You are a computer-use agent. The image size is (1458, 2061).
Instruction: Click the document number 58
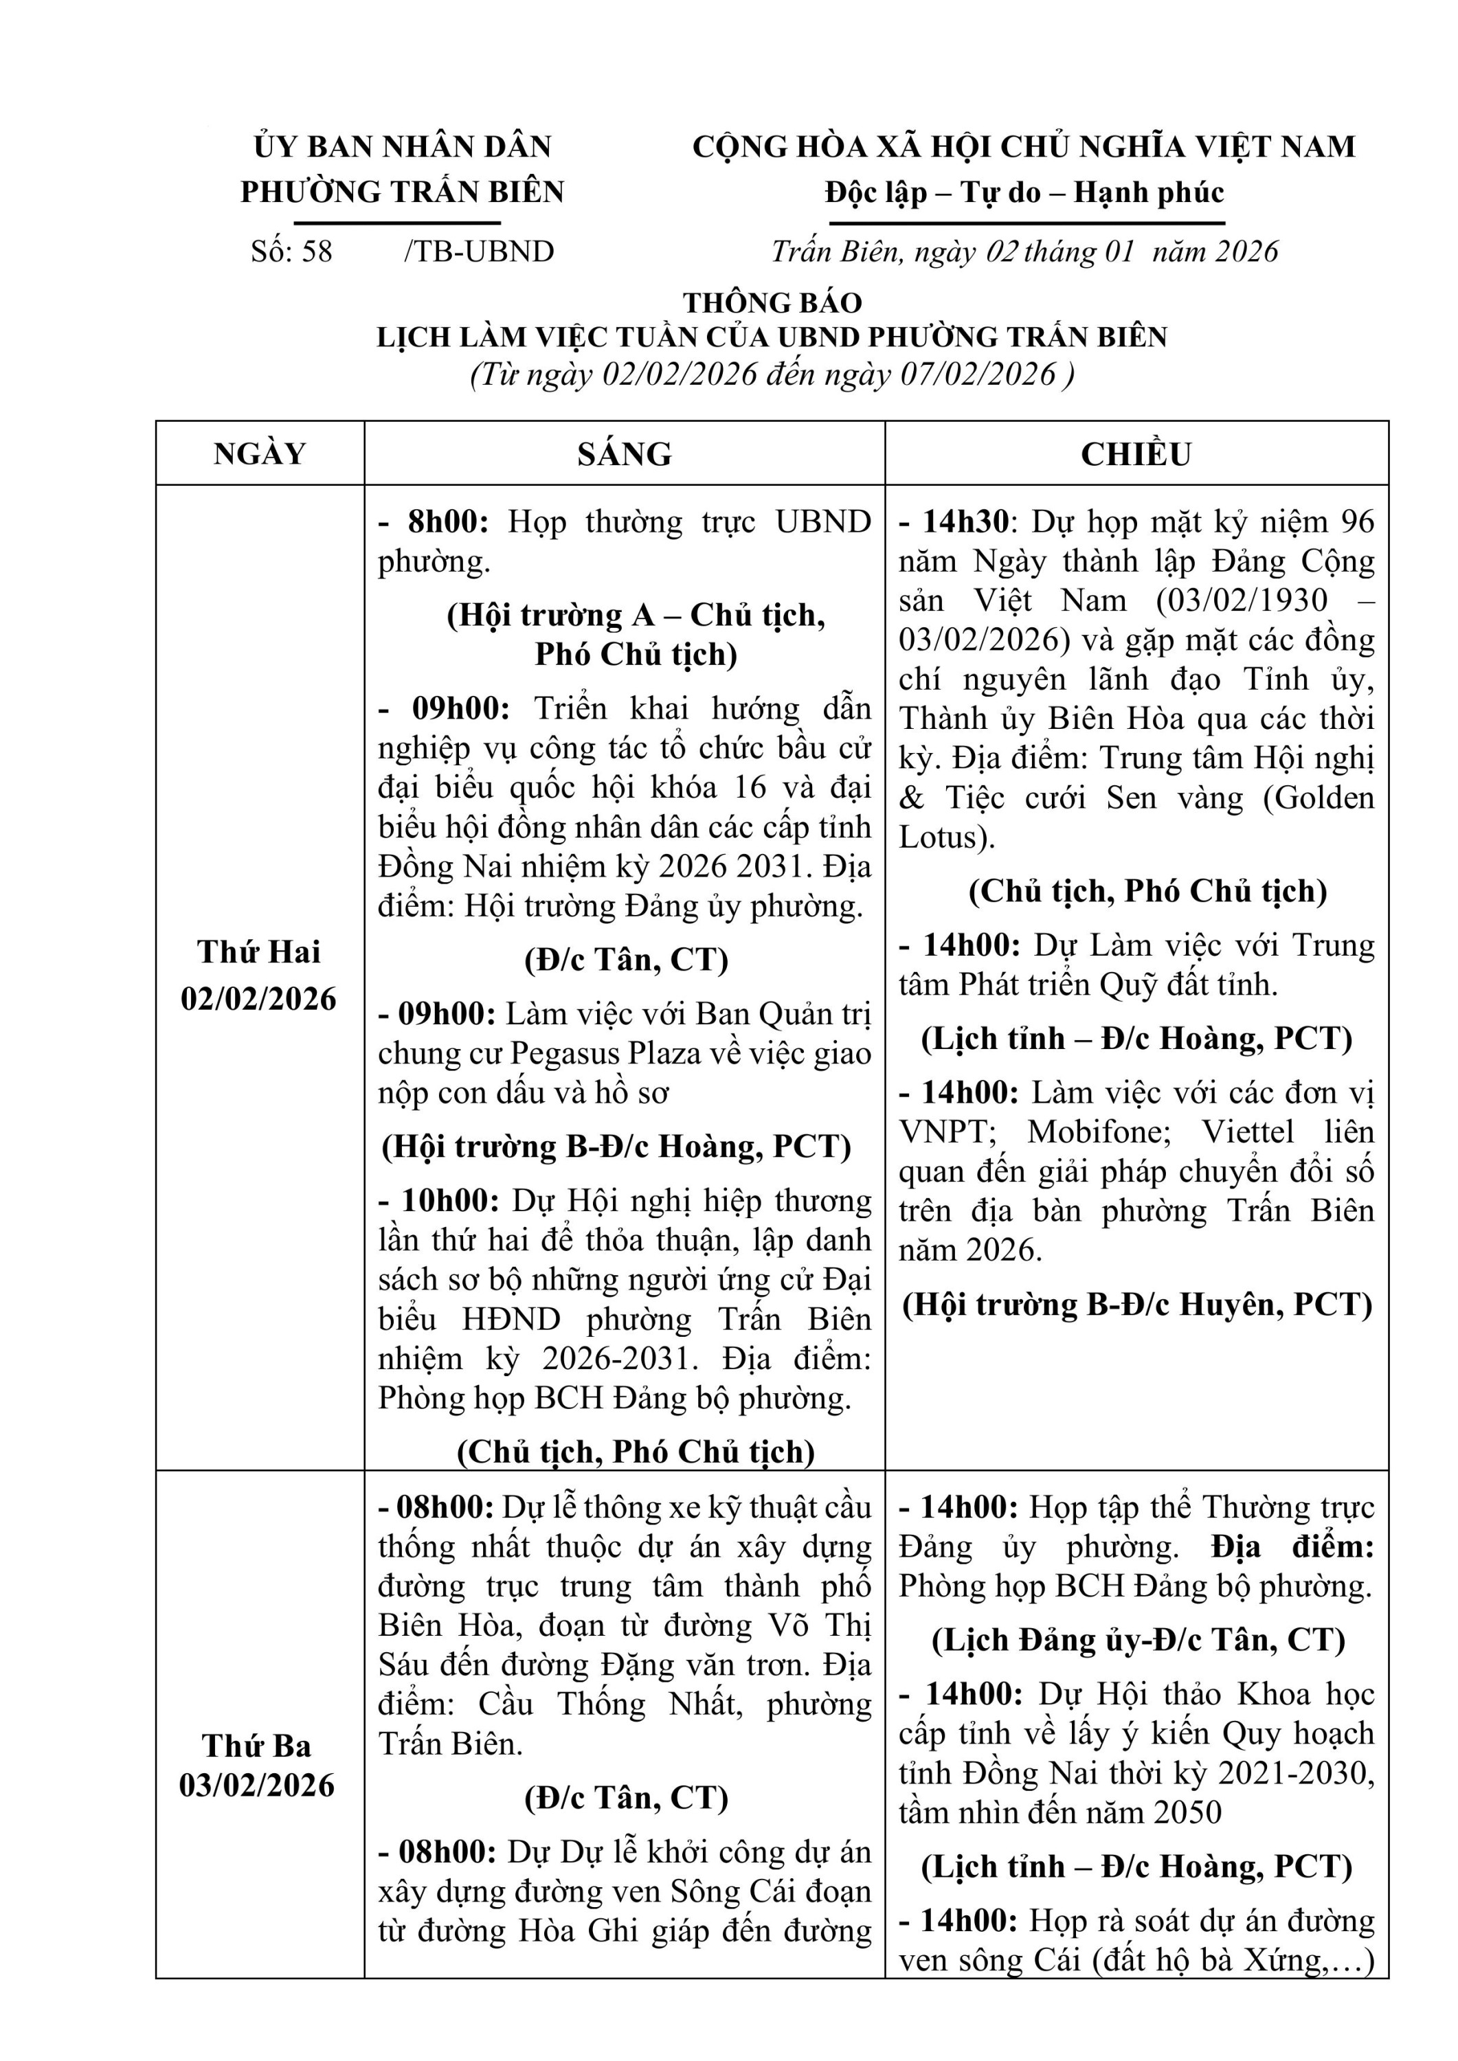pyautogui.click(x=317, y=251)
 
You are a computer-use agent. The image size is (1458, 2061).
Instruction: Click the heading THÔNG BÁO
pyautogui.click(x=772, y=302)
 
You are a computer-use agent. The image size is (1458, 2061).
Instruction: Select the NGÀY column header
pyautogui.click(x=260, y=453)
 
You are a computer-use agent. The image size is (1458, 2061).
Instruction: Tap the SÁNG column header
pyautogui.click(x=624, y=453)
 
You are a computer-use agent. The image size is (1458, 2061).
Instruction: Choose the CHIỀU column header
pyautogui.click(x=1136, y=453)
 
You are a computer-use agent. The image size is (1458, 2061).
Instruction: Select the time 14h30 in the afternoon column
pyautogui.click(x=963, y=521)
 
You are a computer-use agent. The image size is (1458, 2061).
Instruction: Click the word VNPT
pyautogui.click(x=946, y=1132)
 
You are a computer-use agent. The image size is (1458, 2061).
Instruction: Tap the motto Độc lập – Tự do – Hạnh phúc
pyautogui.click(x=1024, y=192)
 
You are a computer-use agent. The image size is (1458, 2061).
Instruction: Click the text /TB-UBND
pyautogui.click(x=480, y=251)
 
